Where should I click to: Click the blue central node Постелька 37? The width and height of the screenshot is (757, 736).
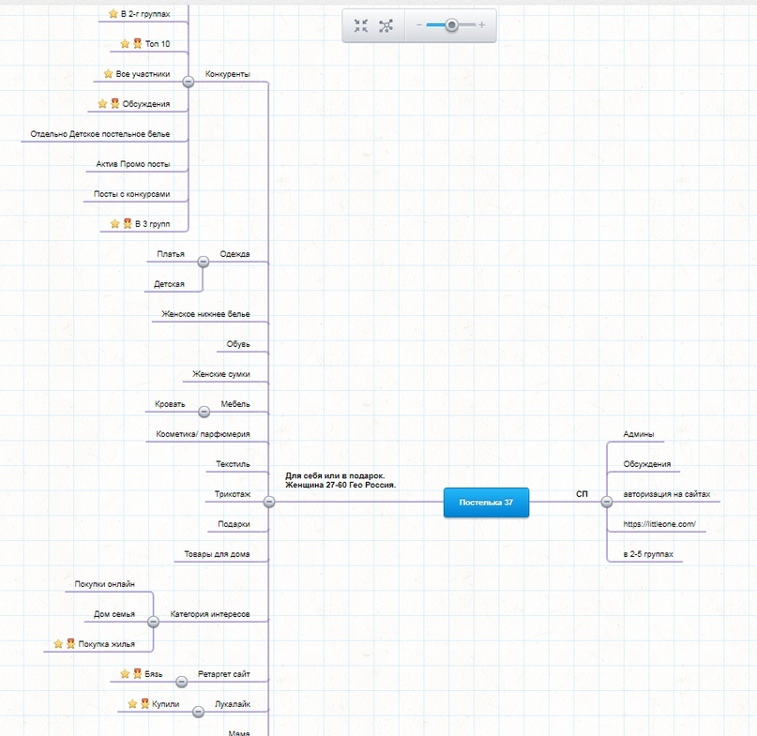click(486, 503)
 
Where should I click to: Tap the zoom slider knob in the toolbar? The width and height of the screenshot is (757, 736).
click(451, 24)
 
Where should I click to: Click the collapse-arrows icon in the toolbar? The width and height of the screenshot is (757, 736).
click(360, 25)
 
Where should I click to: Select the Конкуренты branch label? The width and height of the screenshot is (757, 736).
click(227, 74)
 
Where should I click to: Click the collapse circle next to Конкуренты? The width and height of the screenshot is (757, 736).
click(189, 82)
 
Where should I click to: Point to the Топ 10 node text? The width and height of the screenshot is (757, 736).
click(158, 44)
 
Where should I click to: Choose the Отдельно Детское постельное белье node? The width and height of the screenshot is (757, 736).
click(100, 134)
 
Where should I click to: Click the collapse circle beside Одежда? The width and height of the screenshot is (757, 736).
click(204, 262)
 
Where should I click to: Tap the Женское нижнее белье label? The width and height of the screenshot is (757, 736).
click(205, 314)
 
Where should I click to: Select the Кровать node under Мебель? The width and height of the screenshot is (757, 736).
click(170, 404)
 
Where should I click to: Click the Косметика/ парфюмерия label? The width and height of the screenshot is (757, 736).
click(203, 434)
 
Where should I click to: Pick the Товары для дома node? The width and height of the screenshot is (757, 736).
click(217, 554)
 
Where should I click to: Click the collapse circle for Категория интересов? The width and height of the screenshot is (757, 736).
click(153, 622)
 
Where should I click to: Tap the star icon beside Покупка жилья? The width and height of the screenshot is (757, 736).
click(58, 644)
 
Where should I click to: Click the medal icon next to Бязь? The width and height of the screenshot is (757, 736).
click(138, 674)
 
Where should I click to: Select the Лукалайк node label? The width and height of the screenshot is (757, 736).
click(233, 704)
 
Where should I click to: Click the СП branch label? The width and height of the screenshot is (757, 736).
click(582, 494)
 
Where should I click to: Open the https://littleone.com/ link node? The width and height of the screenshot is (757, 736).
click(659, 524)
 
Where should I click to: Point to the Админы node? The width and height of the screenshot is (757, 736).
click(639, 434)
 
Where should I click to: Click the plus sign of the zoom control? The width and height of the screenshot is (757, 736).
click(481, 25)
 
